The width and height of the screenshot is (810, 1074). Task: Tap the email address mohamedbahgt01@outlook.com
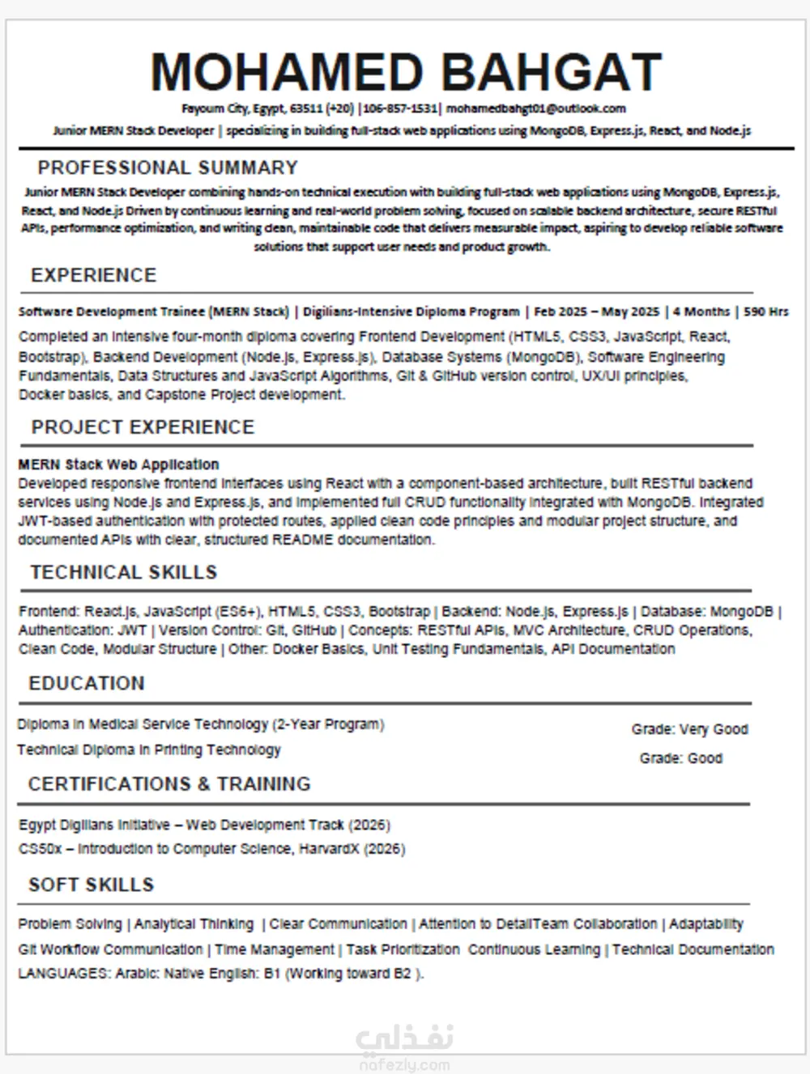click(x=535, y=108)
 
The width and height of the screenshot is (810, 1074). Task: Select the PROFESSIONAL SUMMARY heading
click(x=168, y=168)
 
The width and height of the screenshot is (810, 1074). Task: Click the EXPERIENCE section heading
click(x=93, y=275)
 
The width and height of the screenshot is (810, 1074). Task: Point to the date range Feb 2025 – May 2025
click(x=597, y=312)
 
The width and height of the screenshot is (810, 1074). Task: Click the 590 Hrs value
click(x=766, y=312)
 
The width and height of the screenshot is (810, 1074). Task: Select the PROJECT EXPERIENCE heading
click(x=143, y=427)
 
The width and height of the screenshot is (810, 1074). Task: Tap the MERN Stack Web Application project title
click(x=118, y=465)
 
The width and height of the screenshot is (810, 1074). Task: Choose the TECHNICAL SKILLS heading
click(x=124, y=573)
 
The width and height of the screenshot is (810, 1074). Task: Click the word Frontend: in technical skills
click(x=49, y=612)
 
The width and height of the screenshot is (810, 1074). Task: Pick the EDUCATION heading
click(x=87, y=684)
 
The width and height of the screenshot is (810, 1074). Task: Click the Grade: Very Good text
click(x=689, y=729)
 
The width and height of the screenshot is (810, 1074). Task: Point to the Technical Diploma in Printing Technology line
click(x=149, y=750)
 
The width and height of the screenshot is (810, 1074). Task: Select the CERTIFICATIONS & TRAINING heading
click(x=169, y=784)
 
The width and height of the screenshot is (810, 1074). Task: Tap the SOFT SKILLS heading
click(x=91, y=885)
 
